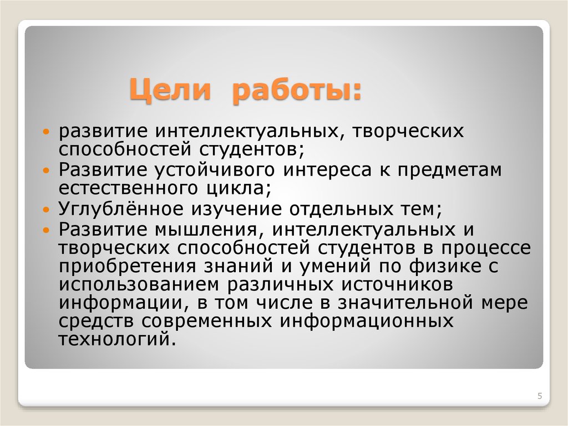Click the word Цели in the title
170,89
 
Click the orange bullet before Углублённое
47,211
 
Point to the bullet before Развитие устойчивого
47,172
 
